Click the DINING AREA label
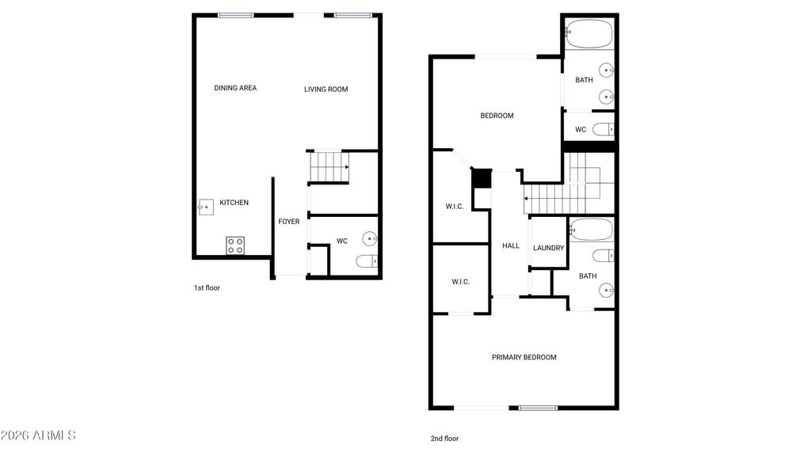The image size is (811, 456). (x=235, y=88)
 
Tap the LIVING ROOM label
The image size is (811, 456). (x=326, y=89)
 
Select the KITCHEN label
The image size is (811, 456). (x=234, y=203)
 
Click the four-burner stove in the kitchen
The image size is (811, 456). (x=235, y=245)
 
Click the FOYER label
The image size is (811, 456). (x=288, y=222)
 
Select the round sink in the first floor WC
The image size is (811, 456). (x=370, y=237)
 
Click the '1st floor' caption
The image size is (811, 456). (x=207, y=288)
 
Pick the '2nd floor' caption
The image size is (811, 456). (x=445, y=439)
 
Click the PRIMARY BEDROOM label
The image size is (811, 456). (x=524, y=357)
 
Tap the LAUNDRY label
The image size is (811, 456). (x=548, y=248)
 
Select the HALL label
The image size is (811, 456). (x=511, y=245)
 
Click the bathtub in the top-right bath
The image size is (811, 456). (x=588, y=34)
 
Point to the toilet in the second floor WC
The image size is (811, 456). (x=603, y=129)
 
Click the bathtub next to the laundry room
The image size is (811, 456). (x=591, y=230)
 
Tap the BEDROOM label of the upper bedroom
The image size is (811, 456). (x=497, y=116)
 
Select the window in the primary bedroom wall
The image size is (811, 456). (x=538, y=408)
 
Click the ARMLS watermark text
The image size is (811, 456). (x=38, y=435)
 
